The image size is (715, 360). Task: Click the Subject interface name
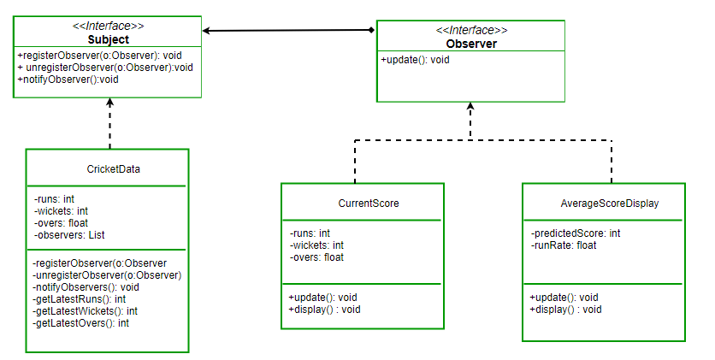(108, 39)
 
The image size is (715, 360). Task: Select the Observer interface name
(470, 44)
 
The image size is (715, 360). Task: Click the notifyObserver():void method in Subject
(68, 79)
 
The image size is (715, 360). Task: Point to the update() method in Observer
(415, 60)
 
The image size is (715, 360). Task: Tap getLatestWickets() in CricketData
(85, 311)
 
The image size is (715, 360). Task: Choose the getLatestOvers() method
(80, 323)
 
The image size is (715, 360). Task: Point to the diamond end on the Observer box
(370, 31)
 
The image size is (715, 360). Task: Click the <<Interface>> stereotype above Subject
(108, 27)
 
